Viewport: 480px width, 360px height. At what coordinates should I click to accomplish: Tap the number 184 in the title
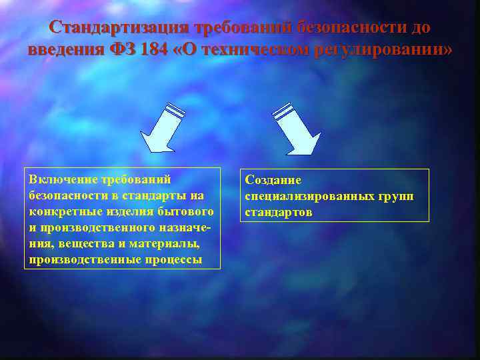[x=155, y=50]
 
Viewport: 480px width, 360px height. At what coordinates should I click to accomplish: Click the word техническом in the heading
[x=253, y=50]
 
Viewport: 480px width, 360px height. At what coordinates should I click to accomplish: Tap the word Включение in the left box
[x=61, y=179]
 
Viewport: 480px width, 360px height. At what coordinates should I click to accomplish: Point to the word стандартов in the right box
[x=279, y=213]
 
